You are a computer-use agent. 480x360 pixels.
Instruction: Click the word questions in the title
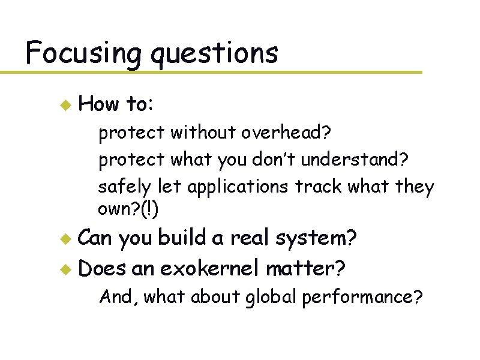point(214,54)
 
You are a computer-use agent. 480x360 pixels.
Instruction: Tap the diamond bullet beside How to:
point(65,104)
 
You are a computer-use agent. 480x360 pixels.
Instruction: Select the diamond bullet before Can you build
point(65,239)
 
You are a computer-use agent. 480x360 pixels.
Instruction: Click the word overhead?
point(287,132)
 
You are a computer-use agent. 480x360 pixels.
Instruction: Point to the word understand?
point(355,160)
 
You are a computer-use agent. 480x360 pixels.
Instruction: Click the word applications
point(238,187)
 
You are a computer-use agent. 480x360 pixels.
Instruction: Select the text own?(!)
point(128,209)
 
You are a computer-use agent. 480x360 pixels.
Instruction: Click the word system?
point(316,239)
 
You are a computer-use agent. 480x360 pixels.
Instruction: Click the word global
point(271,297)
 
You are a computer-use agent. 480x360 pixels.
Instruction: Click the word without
point(203,132)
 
